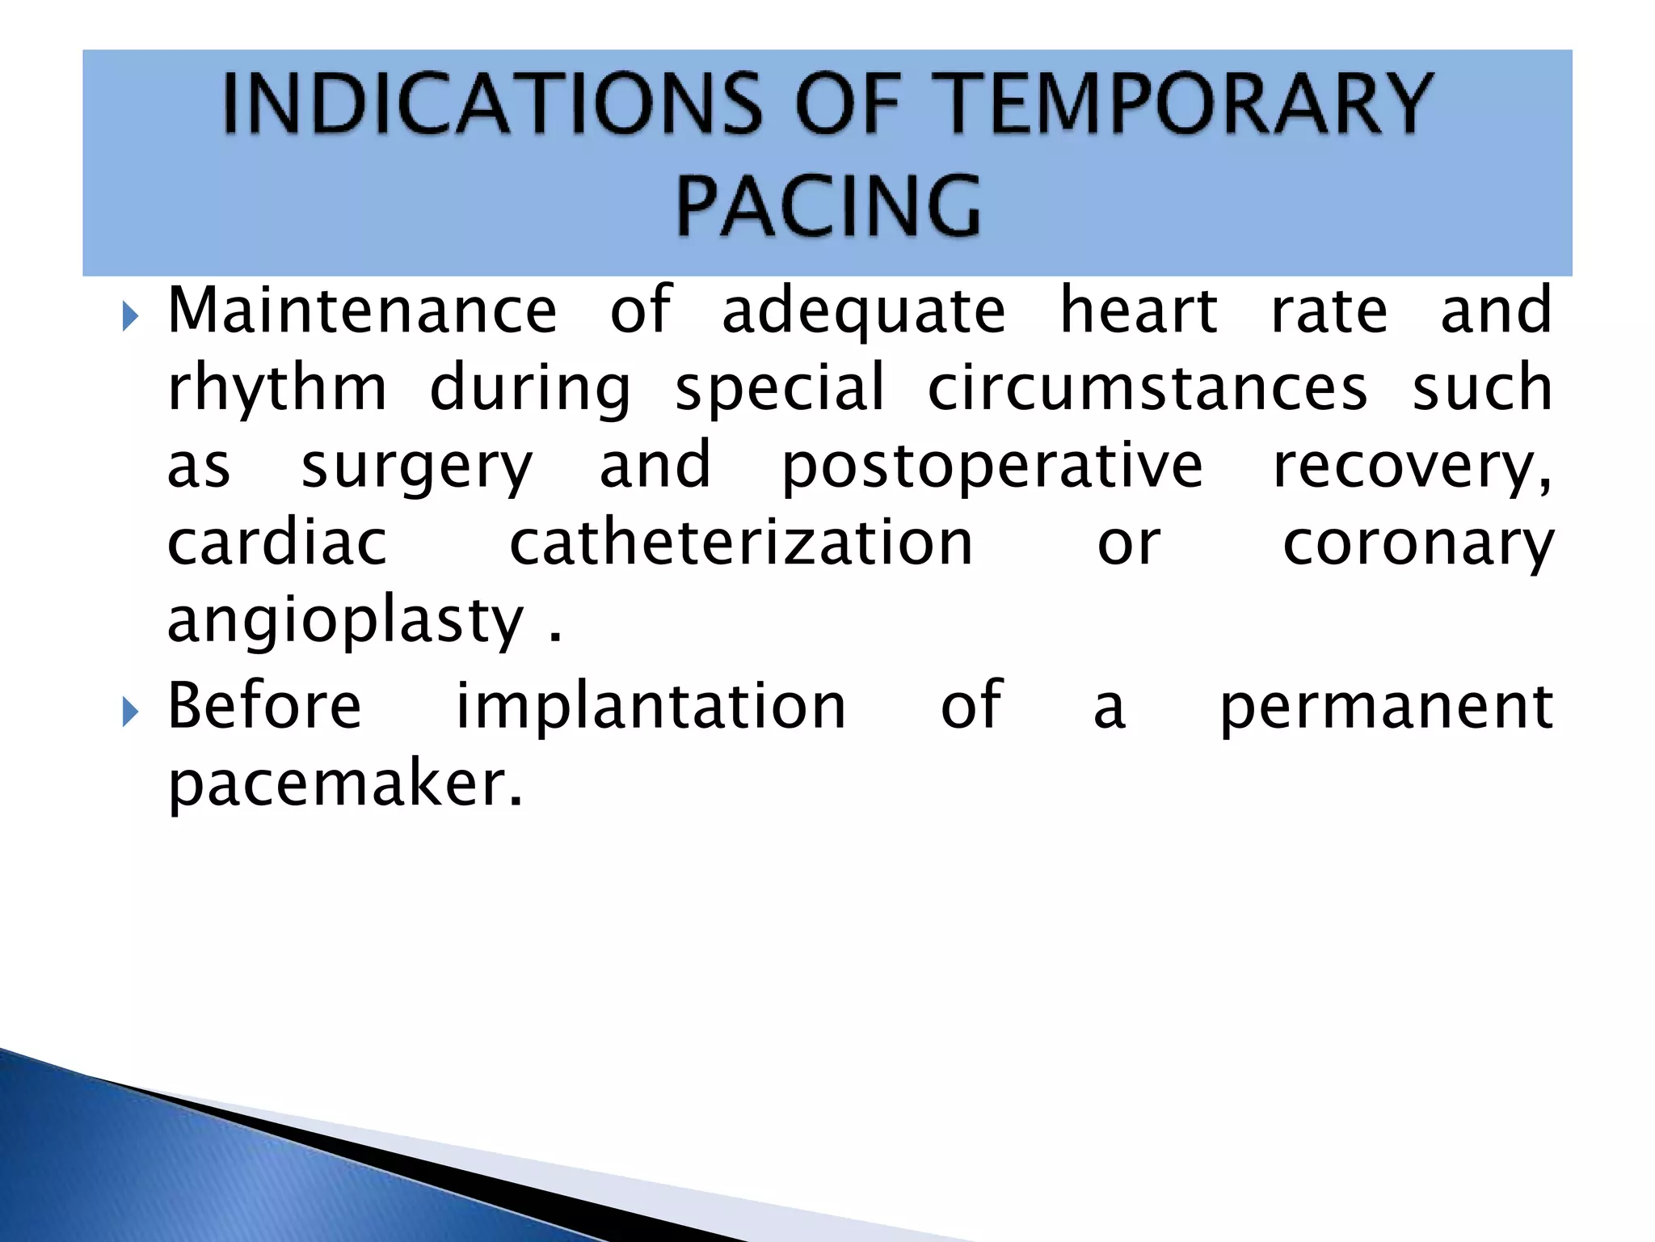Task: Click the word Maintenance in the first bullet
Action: click(x=362, y=310)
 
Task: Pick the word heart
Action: click(x=1138, y=310)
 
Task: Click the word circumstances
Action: click(x=1148, y=388)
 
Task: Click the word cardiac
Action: click(x=277, y=543)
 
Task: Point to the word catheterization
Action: click(x=741, y=543)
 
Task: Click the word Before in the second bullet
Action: click(x=264, y=707)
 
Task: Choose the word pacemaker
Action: click(x=345, y=786)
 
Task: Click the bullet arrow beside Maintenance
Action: click(x=130, y=316)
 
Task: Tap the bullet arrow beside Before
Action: click(x=130, y=712)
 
